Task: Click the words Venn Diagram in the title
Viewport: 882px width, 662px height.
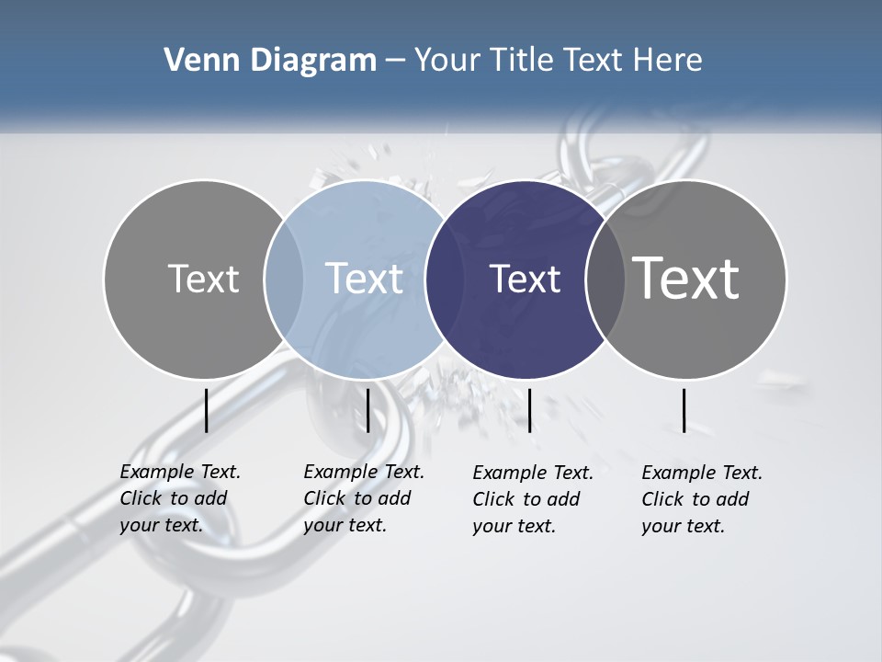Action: [270, 61]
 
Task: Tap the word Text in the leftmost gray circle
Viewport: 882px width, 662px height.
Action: [203, 279]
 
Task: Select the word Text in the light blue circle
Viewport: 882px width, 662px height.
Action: [364, 279]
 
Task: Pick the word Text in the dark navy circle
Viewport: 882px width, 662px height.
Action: [525, 279]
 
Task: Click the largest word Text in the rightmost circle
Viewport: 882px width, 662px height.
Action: [686, 279]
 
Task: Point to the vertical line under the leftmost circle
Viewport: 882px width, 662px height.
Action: [207, 410]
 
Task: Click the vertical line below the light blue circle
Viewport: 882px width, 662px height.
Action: [367, 410]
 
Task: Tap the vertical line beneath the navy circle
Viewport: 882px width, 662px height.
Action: [529, 410]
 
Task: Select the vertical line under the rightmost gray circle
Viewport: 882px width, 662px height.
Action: [684, 410]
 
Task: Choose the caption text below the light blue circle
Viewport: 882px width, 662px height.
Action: [364, 498]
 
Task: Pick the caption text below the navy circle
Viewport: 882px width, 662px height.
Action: [533, 499]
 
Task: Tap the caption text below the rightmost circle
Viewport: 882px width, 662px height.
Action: [702, 499]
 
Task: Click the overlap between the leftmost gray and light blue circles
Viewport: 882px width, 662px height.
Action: [284, 279]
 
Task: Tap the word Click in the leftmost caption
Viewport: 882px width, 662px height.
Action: [141, 498]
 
